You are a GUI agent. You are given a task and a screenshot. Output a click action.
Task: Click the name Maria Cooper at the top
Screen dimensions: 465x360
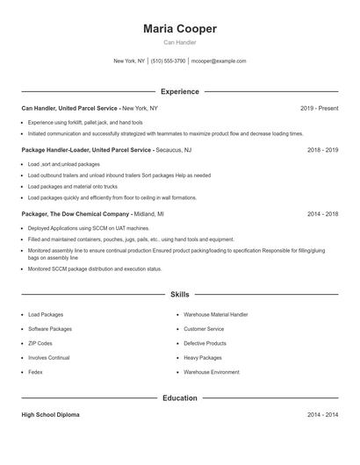(x=180, y=29)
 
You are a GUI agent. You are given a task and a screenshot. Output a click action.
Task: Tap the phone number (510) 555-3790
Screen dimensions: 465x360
(x=169, y=61)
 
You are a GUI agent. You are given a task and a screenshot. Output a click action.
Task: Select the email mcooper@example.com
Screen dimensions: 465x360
(x=219, y=61)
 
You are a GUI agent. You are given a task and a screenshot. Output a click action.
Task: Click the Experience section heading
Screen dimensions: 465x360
(x=180, y=91)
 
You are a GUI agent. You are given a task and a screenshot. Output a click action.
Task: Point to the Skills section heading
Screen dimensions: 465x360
(x=180, y=295)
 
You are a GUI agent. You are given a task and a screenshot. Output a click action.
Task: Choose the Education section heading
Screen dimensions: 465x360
(x=180, y=397)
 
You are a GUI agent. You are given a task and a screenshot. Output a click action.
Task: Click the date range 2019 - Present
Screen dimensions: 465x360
(x=319, y=108)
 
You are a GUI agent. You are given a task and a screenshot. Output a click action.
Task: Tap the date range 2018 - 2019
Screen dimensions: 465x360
(x=322, y=150)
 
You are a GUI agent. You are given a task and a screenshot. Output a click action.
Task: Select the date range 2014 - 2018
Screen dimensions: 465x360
(x=322, y=213)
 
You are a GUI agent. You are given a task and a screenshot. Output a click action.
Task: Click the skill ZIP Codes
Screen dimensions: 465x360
(x=40, y=343)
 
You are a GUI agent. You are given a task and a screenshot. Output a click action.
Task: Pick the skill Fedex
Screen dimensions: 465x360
(x=35, y=372)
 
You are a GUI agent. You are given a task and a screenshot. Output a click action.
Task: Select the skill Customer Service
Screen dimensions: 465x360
(x=204, y=329)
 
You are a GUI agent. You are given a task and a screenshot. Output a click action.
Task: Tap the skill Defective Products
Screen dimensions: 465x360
(x=205, y=343)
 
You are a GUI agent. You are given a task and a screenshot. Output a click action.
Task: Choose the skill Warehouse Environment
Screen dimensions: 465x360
(x=211, y=372)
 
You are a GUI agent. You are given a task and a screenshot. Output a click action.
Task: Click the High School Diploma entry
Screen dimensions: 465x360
(x=50, y=414)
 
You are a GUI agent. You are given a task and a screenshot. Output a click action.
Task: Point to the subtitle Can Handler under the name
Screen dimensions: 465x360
(x=180, y=42)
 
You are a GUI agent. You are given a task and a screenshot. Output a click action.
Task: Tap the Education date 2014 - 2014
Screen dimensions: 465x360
(x=322, y=414)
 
